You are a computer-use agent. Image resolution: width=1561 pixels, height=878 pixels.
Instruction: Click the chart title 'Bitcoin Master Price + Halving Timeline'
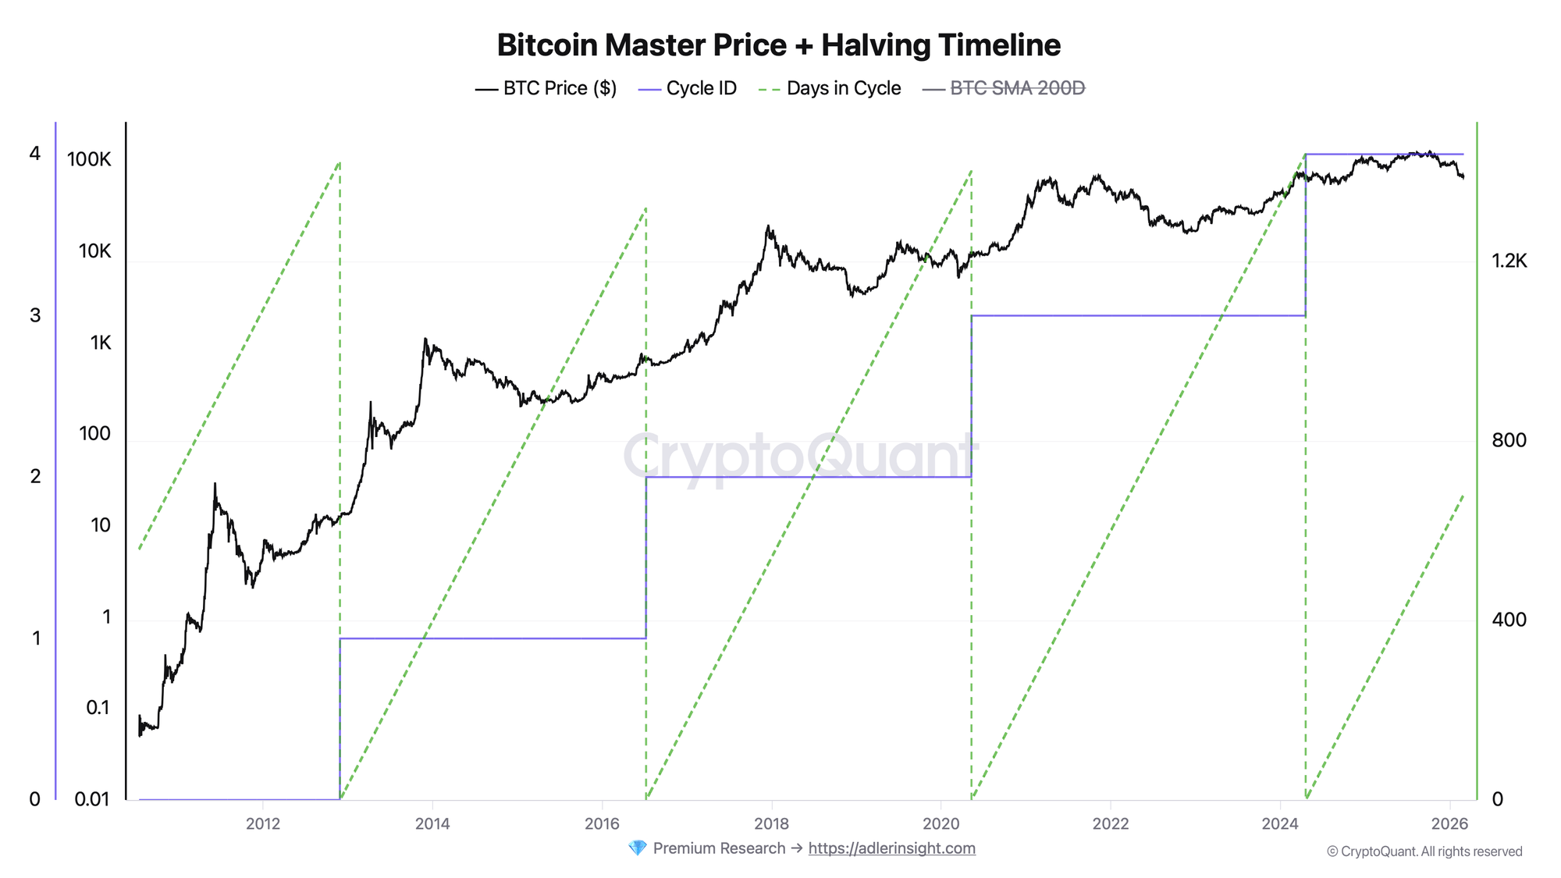778,45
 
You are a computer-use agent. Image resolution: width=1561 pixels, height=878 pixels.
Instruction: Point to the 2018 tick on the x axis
771,823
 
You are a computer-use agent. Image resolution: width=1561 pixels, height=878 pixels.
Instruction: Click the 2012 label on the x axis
263,823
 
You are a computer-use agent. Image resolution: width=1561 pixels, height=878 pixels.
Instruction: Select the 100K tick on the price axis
89,160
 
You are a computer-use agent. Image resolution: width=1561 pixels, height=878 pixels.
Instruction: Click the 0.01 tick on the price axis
93,799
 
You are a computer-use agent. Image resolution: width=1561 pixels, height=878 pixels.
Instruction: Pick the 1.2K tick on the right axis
1509,261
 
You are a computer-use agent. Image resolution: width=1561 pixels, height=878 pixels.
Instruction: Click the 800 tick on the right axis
1508,440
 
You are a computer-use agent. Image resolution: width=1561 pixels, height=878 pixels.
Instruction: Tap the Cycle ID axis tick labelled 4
34,154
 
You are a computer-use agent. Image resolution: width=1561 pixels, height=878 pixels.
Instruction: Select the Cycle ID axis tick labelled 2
34,476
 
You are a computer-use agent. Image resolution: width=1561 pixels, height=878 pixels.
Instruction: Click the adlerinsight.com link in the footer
891,848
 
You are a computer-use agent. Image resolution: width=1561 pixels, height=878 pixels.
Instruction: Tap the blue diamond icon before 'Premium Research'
637,848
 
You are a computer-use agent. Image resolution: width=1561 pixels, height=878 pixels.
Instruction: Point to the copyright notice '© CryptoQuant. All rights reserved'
1424,851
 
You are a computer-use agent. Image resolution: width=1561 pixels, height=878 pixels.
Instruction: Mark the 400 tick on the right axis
1508,620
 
